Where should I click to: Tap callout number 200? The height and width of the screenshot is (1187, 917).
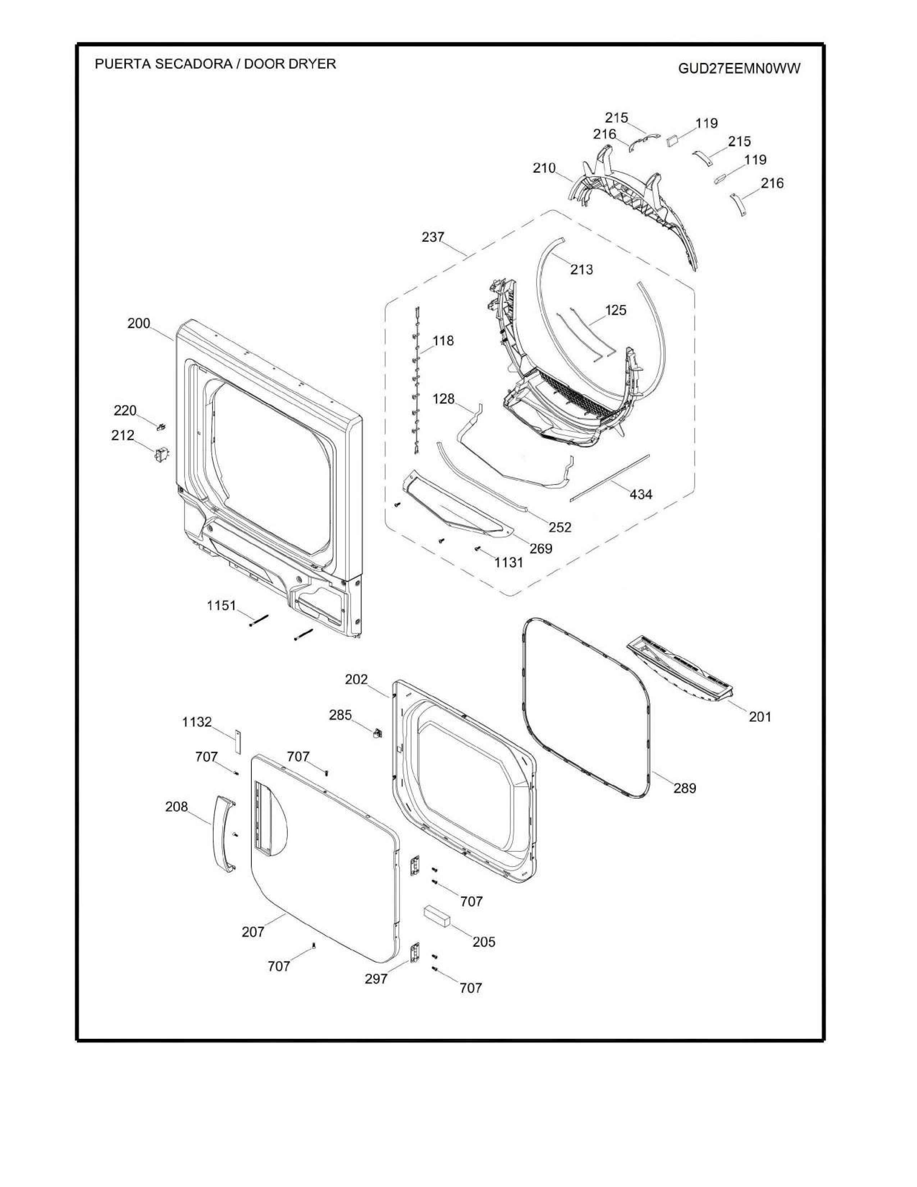(138, 323)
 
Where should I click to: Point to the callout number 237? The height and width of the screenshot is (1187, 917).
(433, 237)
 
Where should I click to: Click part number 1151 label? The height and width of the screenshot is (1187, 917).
(222, 605)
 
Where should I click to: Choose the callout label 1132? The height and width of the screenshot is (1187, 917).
(197, 722)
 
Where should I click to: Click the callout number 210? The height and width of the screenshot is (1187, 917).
(544, 168)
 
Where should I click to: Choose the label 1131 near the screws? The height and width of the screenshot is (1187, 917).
(508, 563)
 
